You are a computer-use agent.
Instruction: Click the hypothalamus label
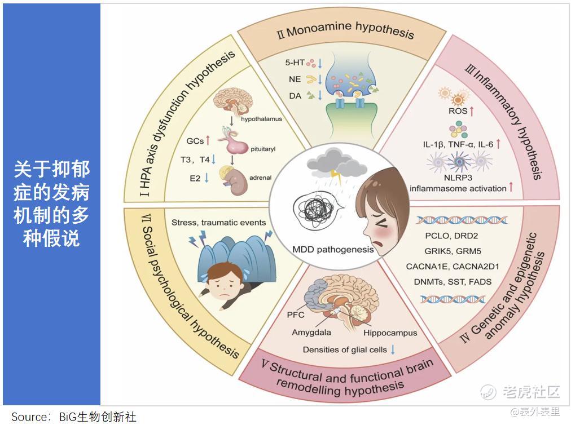(261, 119)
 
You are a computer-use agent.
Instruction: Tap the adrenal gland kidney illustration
(234, 180)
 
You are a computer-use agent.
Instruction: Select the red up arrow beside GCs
(208, 140)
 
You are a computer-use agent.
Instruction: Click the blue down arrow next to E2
(207, 178)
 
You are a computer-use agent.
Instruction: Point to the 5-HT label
(295, 63)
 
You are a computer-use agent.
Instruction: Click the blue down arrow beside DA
(320, 95)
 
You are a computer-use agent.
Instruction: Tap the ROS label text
(458, 111)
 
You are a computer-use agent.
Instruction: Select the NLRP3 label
(458, 178)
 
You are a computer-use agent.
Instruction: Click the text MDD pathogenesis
(333, 250)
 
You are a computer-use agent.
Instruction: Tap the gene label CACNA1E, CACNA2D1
(453, 267)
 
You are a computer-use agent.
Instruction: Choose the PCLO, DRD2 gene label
(451, 236)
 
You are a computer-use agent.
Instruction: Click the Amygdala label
(311, 332)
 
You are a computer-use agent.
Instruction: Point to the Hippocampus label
(390, 333)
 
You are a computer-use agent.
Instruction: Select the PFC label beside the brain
(295, 315)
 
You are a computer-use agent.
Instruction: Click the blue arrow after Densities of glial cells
(393, 349)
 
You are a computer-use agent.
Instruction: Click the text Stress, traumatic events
(218, 222)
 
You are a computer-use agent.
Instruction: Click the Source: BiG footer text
(73, 417)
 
